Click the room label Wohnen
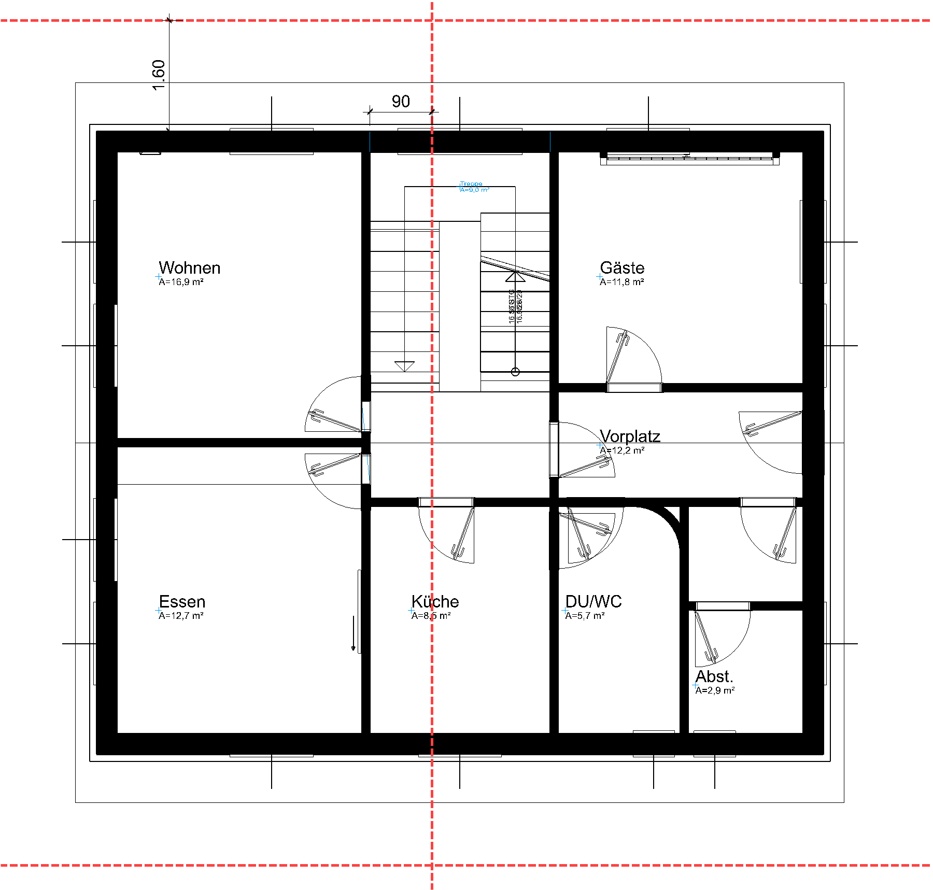tap(189, 268)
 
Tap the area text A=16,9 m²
tap(181, 282)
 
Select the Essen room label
tap(182, 602)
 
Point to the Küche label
tap(435, 602)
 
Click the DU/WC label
tap(593, 602)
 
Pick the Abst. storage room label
tap(714, 676)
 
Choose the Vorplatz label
tap(630, 436)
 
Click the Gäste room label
tap(622, 268)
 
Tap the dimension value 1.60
tap(159, 75)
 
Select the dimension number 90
tap(401, 102)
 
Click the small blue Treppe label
tap(471, 183)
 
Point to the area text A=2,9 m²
tap(715, 690)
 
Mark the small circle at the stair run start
tap(515, 372)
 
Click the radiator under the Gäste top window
tap(689, 160)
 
